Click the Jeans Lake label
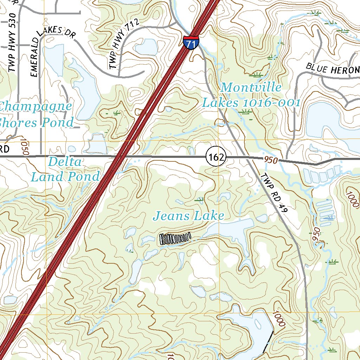coord(188,216)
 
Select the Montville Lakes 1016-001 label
coord(251,95)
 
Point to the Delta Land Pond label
coord(65,169)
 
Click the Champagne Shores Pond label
coord(35,114)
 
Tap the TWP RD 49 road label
coord(275,193)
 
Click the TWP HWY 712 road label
coord(124,44)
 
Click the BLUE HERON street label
coord(333,69)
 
